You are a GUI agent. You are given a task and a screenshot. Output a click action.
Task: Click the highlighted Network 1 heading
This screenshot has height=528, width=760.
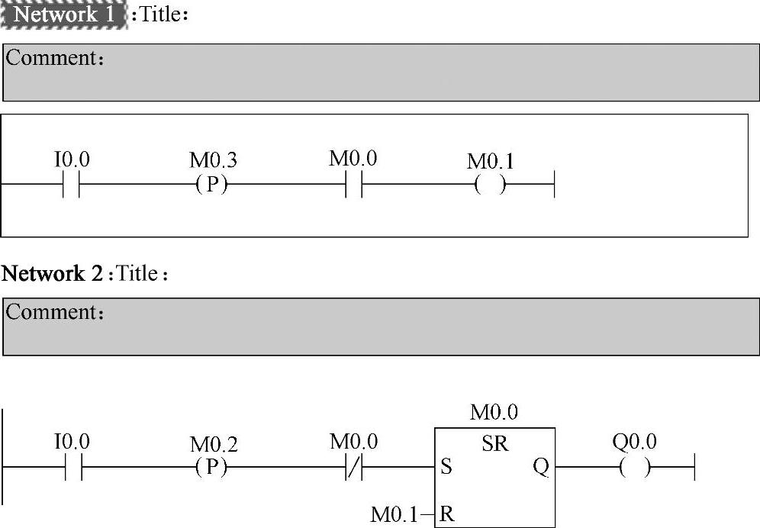[64, 14]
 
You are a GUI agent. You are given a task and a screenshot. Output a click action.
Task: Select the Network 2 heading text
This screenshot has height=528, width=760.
[53, 274]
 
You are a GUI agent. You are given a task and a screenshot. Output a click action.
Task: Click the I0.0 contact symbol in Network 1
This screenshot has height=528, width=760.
[72, 185]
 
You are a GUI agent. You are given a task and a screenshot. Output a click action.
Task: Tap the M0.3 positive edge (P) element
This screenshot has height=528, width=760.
[211, 185]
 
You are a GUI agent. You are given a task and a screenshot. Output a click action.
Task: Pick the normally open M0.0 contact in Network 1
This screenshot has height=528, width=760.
[353, 185]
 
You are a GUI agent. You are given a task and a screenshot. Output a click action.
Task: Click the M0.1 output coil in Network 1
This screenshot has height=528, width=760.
[490, 185]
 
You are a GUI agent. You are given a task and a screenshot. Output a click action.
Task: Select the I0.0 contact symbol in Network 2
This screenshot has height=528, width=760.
[72, 467]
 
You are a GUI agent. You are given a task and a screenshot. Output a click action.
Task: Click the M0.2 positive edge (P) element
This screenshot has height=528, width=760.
[211, 467]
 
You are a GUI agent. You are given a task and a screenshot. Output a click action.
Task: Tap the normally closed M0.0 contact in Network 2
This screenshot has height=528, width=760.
[353, 467]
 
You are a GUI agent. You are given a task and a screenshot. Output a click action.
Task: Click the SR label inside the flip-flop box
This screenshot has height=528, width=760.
[495, 444]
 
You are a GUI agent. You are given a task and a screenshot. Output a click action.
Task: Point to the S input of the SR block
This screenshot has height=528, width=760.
[446, 467]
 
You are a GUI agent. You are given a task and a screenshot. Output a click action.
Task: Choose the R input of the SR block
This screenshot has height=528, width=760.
[447, 514]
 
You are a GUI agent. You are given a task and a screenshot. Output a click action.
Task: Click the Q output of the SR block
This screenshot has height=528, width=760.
[540, 467]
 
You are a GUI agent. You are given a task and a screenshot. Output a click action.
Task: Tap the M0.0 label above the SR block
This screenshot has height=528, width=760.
[494, 414]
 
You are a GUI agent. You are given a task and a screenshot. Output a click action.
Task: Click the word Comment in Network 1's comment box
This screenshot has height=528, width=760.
[50, 59]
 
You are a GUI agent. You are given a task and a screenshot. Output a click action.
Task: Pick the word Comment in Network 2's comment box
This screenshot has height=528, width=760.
[50, 313]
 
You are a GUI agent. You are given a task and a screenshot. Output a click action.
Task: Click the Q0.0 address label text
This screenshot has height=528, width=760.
[634, 442]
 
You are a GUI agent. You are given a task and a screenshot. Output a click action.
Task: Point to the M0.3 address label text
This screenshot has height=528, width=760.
[213, 161]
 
